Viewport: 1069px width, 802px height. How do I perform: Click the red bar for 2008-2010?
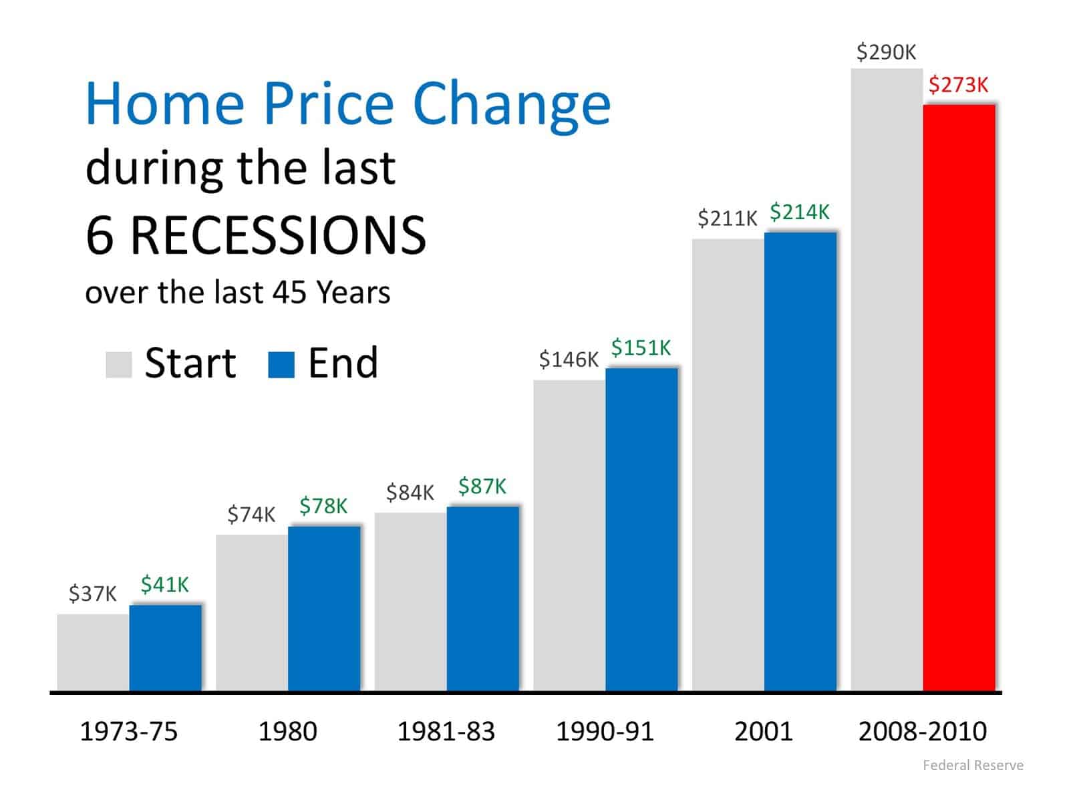click(x=959, y=398)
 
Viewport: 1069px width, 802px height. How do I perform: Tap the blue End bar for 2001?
click(x=800, y=461)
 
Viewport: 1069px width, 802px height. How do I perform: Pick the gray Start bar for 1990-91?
click(x=569, y=535)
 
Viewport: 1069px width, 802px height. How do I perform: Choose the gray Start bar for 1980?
click(x=252, y=612)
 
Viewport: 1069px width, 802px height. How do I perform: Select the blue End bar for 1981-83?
click(x=482, y=598)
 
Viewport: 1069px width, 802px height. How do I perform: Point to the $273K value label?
click(x=958, y=85)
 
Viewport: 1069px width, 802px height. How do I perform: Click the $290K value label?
click(x=886, y=52)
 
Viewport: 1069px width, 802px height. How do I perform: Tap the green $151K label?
click(x=641, y=348)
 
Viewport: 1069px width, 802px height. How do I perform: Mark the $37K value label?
click(x=92, y=593)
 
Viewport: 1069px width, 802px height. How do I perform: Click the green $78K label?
click(x=323, y=506)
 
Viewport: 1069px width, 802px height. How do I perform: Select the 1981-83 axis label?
click(x=446, y=732)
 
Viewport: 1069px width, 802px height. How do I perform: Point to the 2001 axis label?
click(x=763, y=732)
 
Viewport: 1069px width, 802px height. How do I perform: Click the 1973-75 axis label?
click(x=129, y=732)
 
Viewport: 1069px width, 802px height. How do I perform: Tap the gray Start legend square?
click(x=119, y=365)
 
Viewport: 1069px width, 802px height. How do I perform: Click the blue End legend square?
click(x=281, y=365)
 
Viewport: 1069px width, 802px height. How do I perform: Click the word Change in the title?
click(x=512, y=104)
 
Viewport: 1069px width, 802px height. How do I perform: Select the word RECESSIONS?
click(x=277, y=235)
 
